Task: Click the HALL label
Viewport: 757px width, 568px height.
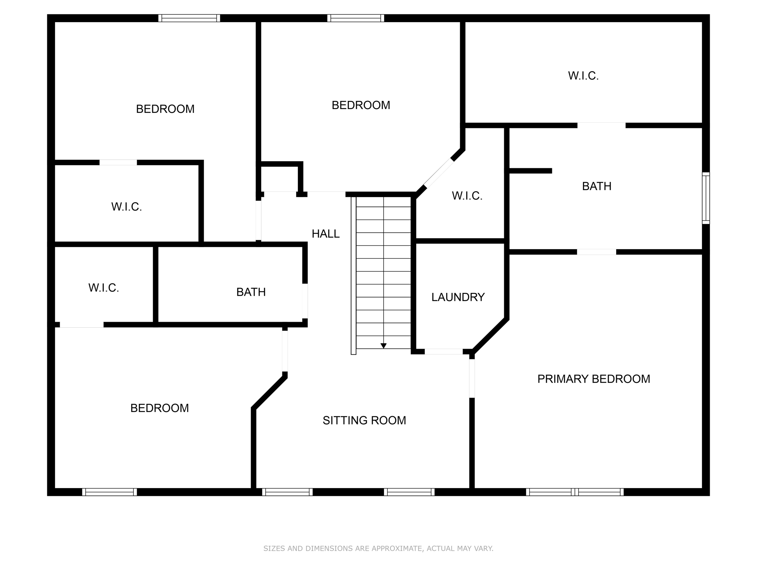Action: click(325, 234)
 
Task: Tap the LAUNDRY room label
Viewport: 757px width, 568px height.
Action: click(458, 297)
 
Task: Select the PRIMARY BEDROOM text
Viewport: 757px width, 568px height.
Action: click(593, 379)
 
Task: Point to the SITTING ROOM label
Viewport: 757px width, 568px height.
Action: click(364, 420)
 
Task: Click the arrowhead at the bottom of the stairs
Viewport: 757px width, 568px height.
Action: click(383, 346)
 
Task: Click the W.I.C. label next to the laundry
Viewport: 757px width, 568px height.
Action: click(467, 196)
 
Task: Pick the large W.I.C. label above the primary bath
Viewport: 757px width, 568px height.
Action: click(583, 76)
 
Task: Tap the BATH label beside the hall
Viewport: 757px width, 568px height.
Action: click(251, 292)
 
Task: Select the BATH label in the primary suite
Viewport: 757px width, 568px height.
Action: click(596, 186)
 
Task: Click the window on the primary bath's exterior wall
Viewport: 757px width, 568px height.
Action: click(706, 198)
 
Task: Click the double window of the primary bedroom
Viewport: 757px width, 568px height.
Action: click(574, 492)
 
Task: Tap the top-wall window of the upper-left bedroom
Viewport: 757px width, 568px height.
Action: click(189, 18)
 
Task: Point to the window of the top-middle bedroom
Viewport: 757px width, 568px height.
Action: click(356, 18)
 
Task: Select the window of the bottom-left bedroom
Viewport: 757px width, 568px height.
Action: click(109, 492)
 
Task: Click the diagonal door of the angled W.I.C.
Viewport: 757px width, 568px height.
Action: click(439, 173)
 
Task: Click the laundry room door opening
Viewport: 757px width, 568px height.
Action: click(444, 352)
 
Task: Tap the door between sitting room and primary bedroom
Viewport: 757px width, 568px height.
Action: click(472, 378)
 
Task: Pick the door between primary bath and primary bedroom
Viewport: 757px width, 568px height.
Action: click(596, 252)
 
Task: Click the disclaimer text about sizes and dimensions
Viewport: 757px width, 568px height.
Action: click(378, 548)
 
